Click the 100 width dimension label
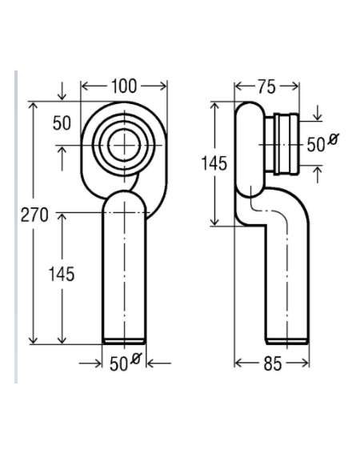pyautogui.click(x=123, y=86)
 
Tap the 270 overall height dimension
pyautogui.click(x=34, y=215)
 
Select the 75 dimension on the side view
pyautogui.click(x=266, y=86)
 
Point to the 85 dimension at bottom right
pyautogui.click(x=272, y=364)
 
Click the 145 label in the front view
pyautogui.click(x=62, y=274)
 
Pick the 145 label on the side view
pyautogui.click(x=214, y=163)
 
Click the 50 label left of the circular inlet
pyautogui.click(x=62, y=123)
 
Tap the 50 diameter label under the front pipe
pyautogui.click(x=118, y=364)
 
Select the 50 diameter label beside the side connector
pyautogui.click(x=316, y=144)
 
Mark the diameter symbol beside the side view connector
pyautogui.click(x=333, y=139)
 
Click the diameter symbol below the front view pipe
pyautogui.click(x=135, y=359)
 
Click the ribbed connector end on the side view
pyautogui.click(x=286, y=144)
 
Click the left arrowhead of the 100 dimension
pyautogui.click(x=84, y=86)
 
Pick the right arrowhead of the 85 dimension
pyautogui.click(x=306, y=363)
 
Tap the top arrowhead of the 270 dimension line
pyautogui.click(x=34, y=105)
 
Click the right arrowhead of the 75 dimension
pyautogui.click(x=295, y=86)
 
